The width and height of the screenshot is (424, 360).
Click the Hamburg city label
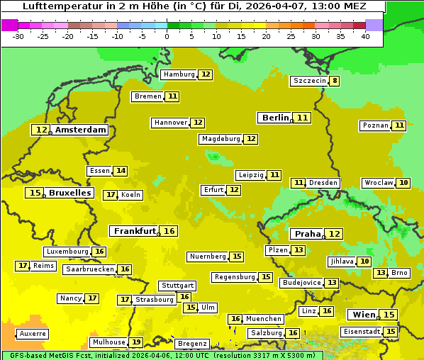point(178,74)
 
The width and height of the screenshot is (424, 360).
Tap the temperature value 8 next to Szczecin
point(335,81)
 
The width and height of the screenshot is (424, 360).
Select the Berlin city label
point(275,118)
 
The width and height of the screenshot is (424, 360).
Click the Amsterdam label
point(81,130)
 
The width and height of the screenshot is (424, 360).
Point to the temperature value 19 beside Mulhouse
point(135,342)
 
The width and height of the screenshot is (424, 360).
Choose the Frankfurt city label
point(135,231)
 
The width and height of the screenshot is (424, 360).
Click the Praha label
point(308,234)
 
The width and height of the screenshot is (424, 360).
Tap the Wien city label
point(363,315)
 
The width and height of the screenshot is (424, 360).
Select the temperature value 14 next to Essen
point(121,171)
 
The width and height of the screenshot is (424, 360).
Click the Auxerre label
point(33,334)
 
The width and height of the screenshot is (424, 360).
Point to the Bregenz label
point(192,344)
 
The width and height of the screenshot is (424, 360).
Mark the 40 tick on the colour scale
point(365,36)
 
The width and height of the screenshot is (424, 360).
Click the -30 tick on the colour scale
point(18,36)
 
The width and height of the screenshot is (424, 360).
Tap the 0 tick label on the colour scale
point(167,36)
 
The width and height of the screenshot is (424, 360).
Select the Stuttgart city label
point(177,286)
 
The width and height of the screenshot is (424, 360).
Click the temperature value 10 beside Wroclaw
point(403,183)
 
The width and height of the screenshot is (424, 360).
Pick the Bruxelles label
point(69,193)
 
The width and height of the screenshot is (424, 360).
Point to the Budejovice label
point(301,283)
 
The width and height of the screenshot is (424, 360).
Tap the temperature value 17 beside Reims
point(23,266)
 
